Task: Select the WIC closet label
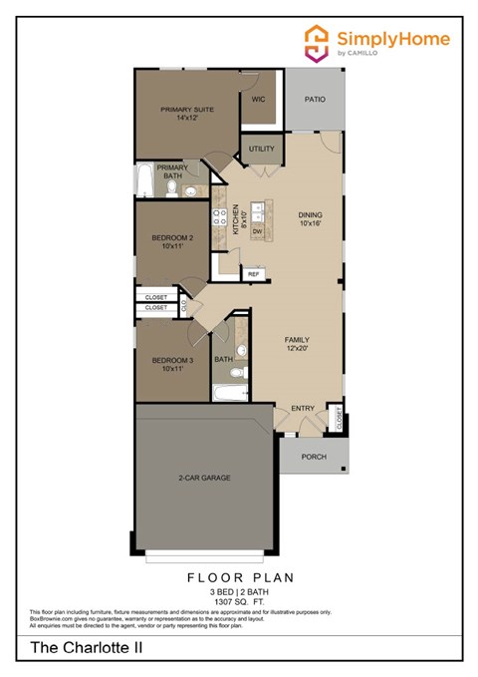(258, 100)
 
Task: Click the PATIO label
(316, 101)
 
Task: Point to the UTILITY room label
(262, 149)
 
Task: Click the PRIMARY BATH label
(171, 171)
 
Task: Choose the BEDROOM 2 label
(171, 241)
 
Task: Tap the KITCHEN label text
(236, 219)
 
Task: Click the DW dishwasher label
(257, 231)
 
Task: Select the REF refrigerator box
(253, 272)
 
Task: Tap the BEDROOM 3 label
(171, 364)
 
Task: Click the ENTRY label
(303, 409)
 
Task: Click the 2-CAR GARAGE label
(204, 478)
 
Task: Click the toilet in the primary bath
(171, 188)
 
